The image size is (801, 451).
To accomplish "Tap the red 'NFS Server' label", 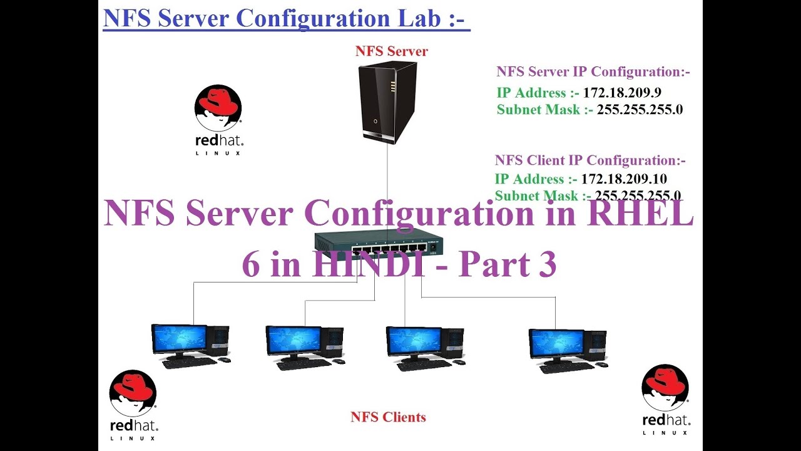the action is click(x=391, y=51).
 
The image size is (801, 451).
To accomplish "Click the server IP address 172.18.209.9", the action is click(x=622, y=93).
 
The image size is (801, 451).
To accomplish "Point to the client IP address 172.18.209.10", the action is click(x=624, y=179).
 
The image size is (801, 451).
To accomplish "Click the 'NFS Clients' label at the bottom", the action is click(x=388, y=417).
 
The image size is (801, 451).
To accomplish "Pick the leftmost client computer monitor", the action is click(x=179, y=339).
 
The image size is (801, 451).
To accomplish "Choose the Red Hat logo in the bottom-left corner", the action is click(x=133, y=402).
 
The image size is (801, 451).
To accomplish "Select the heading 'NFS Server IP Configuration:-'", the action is click(x=593, y=71).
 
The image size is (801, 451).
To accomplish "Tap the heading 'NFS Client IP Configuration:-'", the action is click(x=590, y=160).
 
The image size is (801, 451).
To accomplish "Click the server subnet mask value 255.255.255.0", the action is click(x=640, y=110).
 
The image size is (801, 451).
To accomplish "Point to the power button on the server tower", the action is click(x=375, y=121).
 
